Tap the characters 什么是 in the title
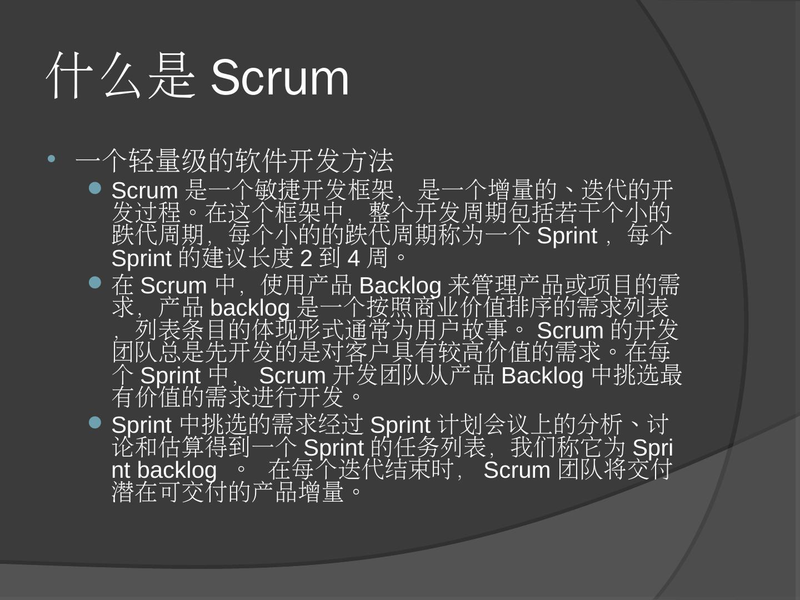(121, 77)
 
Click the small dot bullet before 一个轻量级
(52, 159)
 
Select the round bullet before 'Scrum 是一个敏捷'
(96, 189)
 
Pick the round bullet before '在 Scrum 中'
(96, 283)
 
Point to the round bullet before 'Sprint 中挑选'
(96, 423)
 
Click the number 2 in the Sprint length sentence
(306, 258)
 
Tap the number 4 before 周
(354, 258)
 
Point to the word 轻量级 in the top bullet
(181, 161)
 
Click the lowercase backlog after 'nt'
(177, 470)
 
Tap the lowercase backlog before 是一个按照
(250, 308)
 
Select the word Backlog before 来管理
(400, 286)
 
